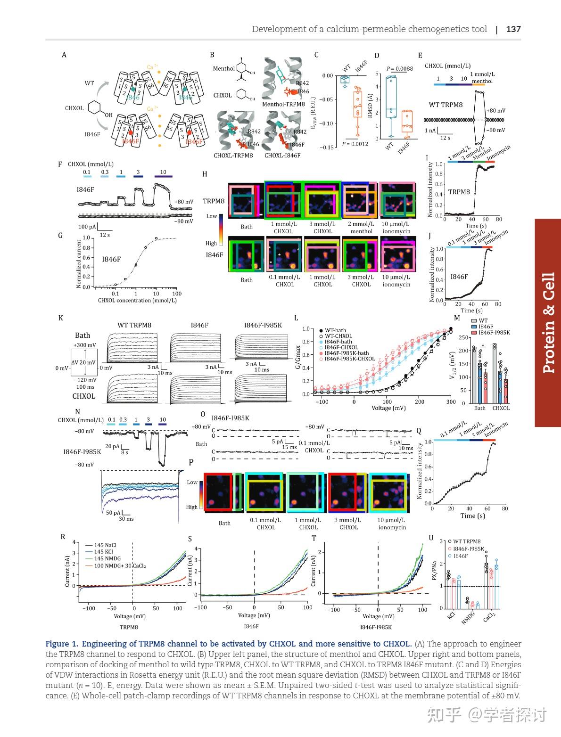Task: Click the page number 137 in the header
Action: tap(513, 29)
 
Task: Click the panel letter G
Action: tap(60, 235)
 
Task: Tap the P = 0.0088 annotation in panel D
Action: tap(399, 69)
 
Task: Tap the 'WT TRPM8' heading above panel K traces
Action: tap(134, 325)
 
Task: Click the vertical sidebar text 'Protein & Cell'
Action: tap(548, 323)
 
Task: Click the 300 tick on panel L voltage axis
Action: tap(451, 402)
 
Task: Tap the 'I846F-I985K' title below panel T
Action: tap(376, 627)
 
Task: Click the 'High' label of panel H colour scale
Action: tap(211, 243)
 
